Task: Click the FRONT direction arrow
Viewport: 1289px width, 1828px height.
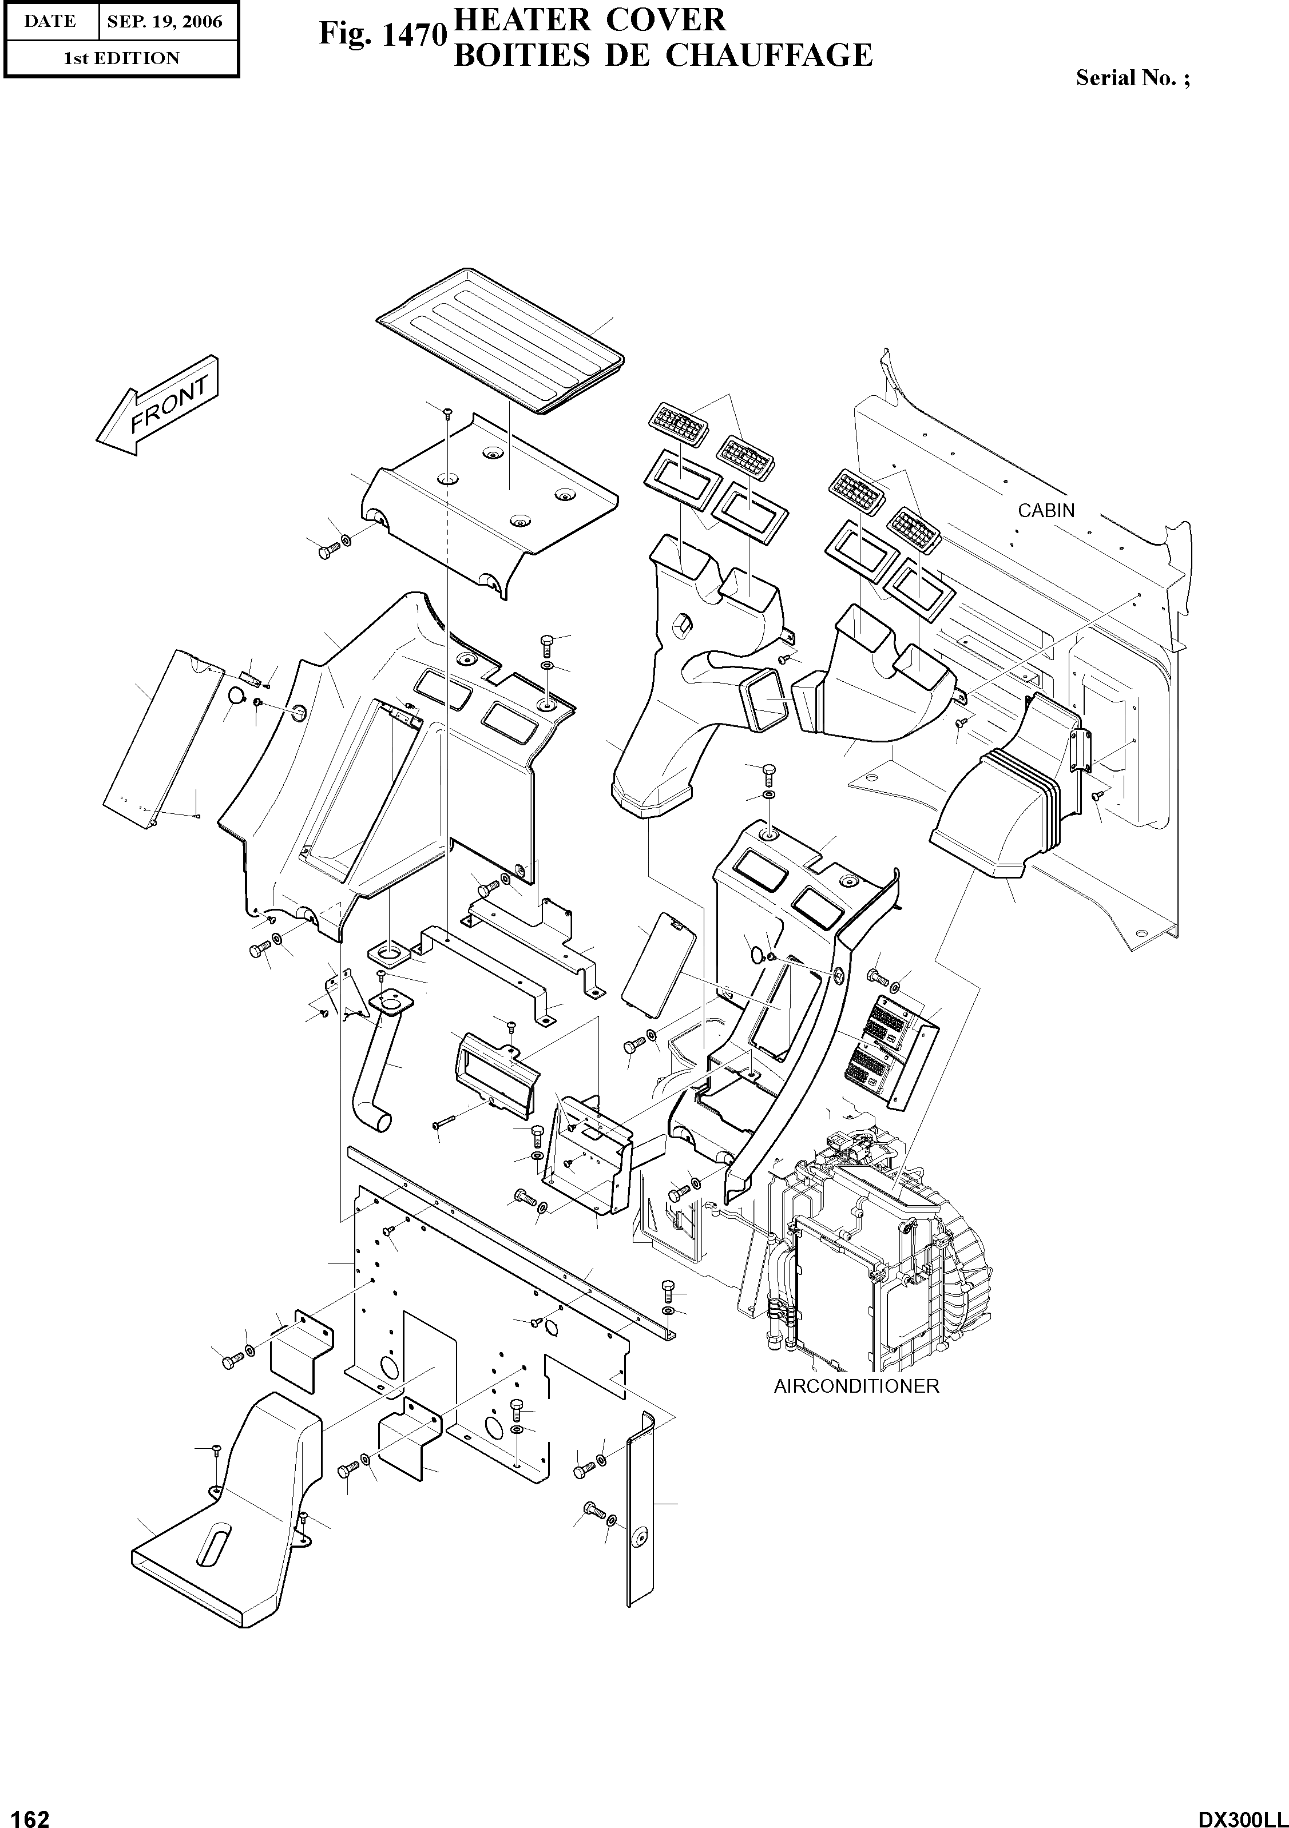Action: click(158, 406)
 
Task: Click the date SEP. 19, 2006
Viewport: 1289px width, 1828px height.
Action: click(165, 22)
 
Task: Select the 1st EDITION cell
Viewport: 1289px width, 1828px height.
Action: click(121, 58)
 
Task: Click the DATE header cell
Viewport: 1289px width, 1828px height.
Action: click(50, 22)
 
